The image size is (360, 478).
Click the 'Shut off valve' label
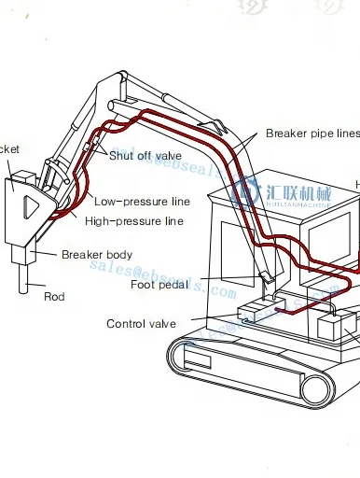[145, 155]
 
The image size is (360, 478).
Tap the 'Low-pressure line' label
[142, 202]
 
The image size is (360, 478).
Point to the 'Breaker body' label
[96, 255]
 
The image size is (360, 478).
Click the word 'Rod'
[54, 297]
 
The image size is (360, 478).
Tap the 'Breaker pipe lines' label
[312, 134]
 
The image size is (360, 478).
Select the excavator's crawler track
[252, 383]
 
